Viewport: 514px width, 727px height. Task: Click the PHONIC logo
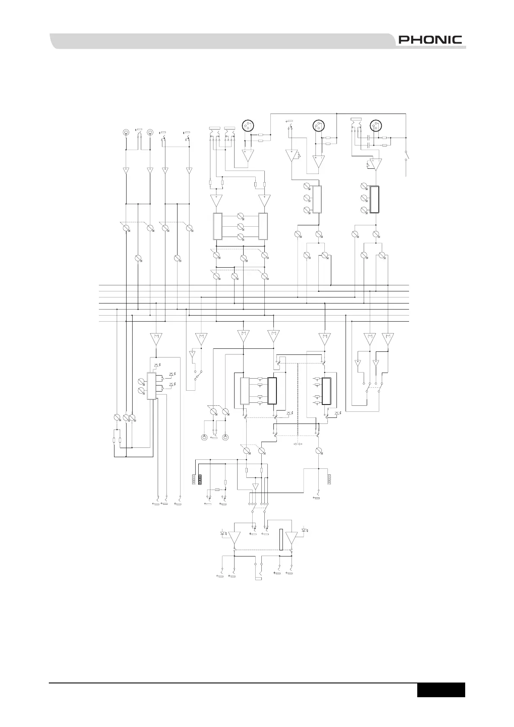[430, 40]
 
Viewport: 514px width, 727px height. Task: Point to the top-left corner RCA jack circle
[125, 132]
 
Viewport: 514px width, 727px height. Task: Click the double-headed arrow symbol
[298, 444]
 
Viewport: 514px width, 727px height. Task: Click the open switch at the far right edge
[406, 156]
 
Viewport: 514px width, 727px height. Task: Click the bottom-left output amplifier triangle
[235, 538]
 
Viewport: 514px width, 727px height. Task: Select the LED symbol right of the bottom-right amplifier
[305, 530]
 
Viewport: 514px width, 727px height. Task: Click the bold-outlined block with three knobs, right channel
[375, 199]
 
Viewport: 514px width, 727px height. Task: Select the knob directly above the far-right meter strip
[319, 451]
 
